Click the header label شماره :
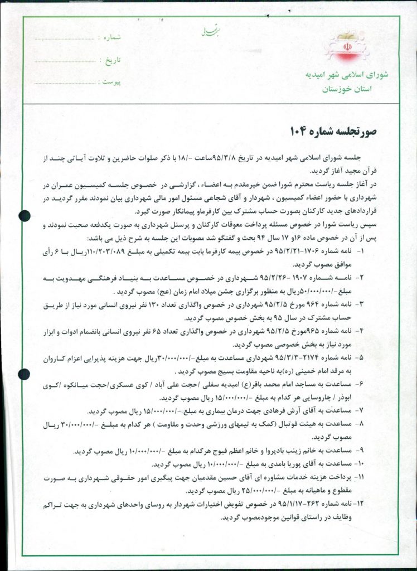(x=110, y=37)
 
